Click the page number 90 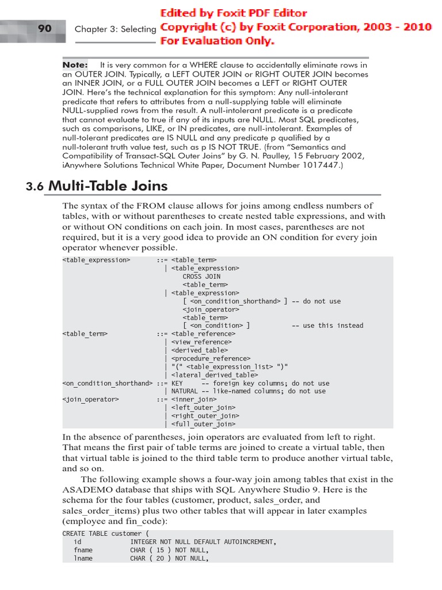(x=44, y=28)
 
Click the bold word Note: (x=75, y=65)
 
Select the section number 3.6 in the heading (x=35, y=186)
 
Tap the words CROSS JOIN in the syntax (x=201, y=277)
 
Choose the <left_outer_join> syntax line (x=197, y=408)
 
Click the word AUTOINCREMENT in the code (x=248, y=542)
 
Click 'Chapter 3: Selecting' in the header (x=115, y=29)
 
